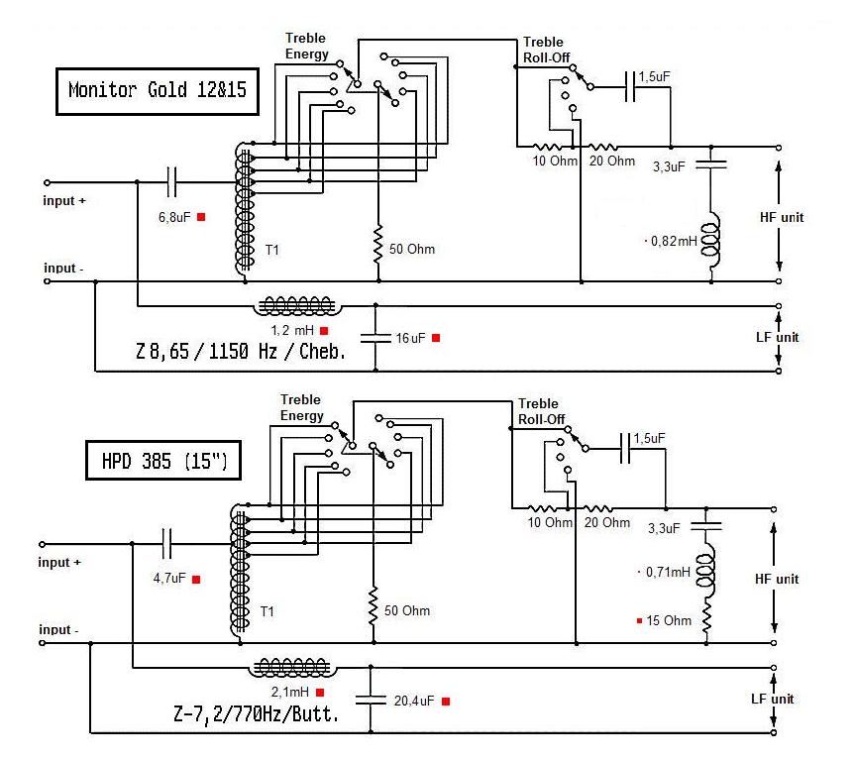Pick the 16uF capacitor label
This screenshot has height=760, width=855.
click(410, 338)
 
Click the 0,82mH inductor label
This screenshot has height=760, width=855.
click(674, 241)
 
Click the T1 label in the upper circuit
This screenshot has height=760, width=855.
click(271, 251)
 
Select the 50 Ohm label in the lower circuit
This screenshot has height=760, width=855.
click(407, 610)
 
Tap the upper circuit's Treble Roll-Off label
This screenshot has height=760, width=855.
click(543, 50)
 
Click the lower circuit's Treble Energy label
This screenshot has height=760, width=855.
click(302, 408)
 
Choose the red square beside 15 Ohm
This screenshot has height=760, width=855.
click(640, 621)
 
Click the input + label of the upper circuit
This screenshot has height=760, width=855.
click(64, 200)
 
